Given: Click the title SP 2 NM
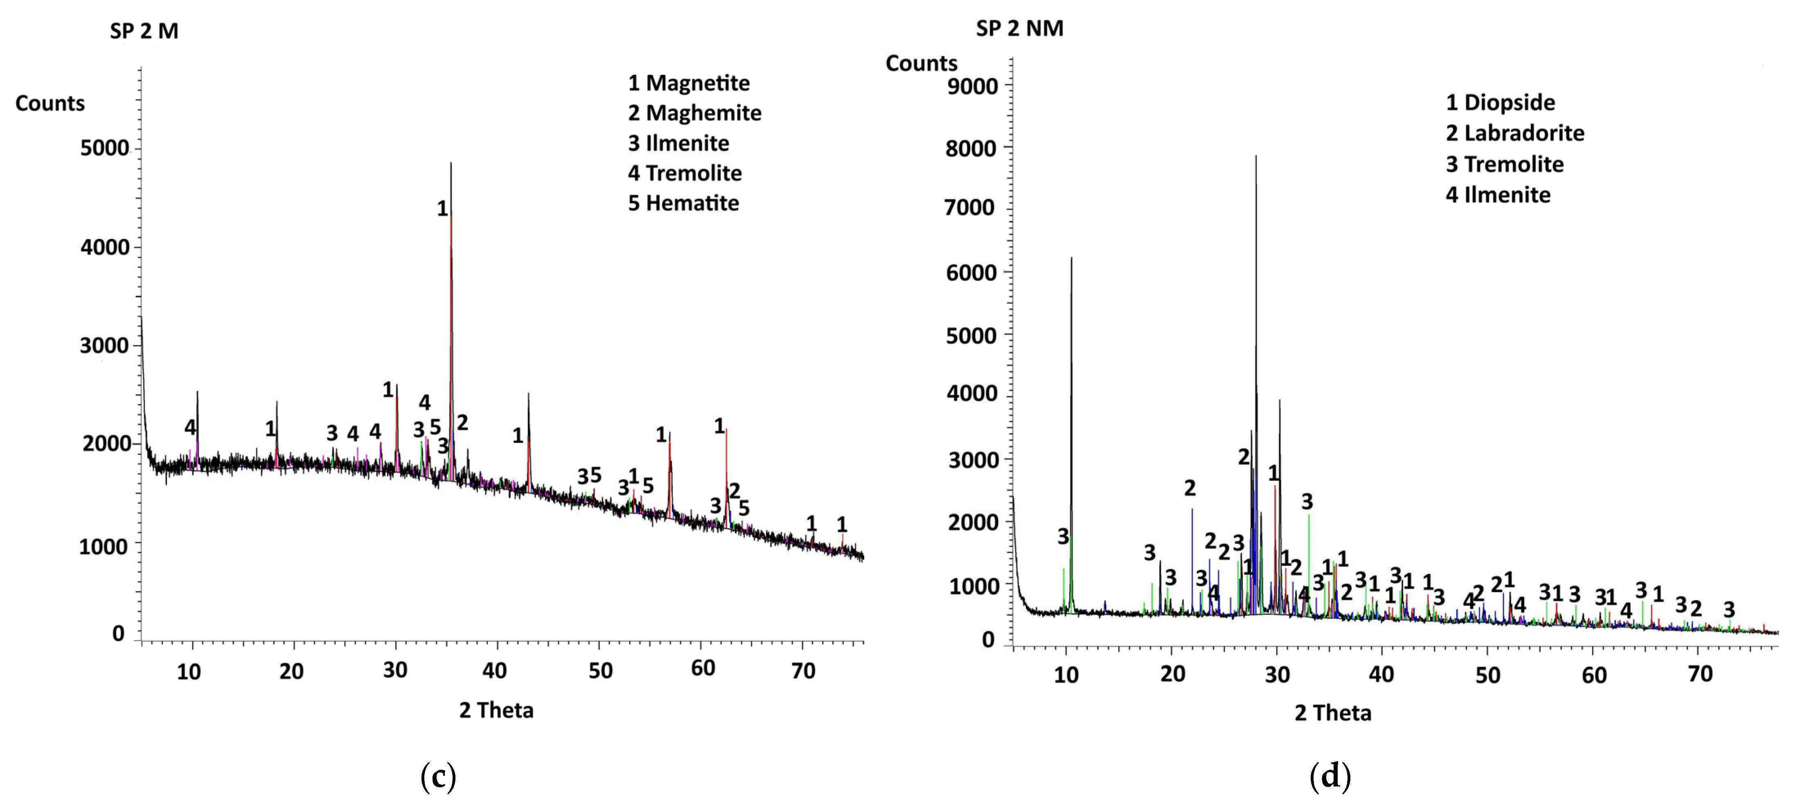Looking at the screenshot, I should click(1019, 29).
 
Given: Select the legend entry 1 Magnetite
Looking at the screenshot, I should click(688, 83).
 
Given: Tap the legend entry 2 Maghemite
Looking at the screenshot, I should click(694, 113).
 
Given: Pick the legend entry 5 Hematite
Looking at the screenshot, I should click(683, 203).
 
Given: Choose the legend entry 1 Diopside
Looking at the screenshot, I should click(1500, 102).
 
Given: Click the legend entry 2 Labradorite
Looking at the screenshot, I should click(1514, 133).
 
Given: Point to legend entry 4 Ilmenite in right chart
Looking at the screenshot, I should click(1498, 194).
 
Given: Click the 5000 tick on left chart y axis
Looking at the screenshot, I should click(105, 148).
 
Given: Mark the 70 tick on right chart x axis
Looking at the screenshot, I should click(1700, 674).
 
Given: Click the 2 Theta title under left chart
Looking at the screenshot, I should click(496, 710).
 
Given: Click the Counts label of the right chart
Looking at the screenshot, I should click(921, 63).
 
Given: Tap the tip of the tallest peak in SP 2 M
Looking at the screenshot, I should click(451, 163).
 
